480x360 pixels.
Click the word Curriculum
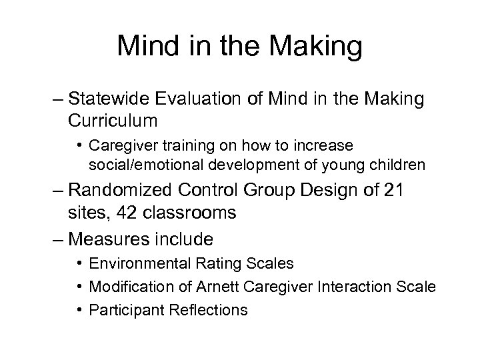(x=121, y=121)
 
